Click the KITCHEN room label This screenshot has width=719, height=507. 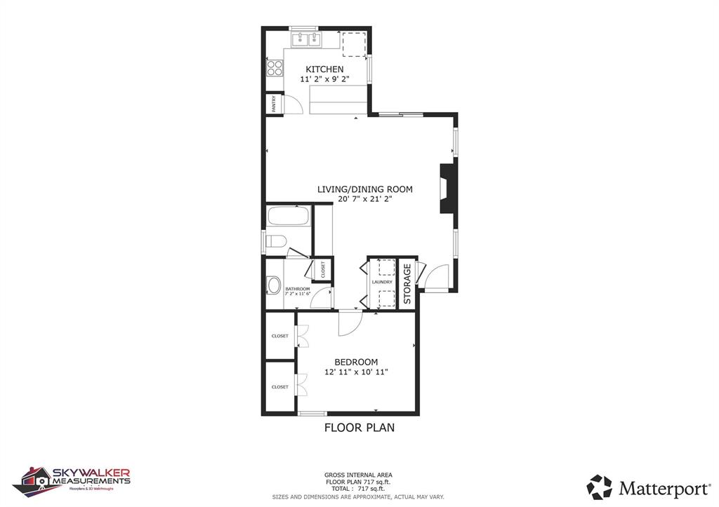[x=324, y=69]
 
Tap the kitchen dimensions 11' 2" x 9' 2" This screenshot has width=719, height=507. [x=324, y=80]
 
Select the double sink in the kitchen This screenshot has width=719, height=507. [x=305, y=39]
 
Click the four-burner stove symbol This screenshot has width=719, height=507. [x=275, y=68]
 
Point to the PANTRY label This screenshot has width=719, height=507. [x=274, y=104]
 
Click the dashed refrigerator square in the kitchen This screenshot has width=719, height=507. [x=354, y=43]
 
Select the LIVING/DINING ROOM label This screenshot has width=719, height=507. [x=364, y=189]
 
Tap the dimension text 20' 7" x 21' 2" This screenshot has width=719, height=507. [x=364, y=199]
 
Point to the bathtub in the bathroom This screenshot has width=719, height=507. [x=289, y=215]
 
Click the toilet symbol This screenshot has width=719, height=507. [x=275, y=243]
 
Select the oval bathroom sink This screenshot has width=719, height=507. [x=274, y=285]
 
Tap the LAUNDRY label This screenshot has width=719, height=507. [x=382, y=282]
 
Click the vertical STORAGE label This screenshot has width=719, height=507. [x=407, y=283]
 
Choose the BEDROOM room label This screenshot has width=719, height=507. [x=356, y=362]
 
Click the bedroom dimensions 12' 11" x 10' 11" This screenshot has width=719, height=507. [x=356, y=372]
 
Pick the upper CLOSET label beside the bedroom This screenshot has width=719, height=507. [x=280, y=336]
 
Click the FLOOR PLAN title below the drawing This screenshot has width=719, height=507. [x=359, y=427]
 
